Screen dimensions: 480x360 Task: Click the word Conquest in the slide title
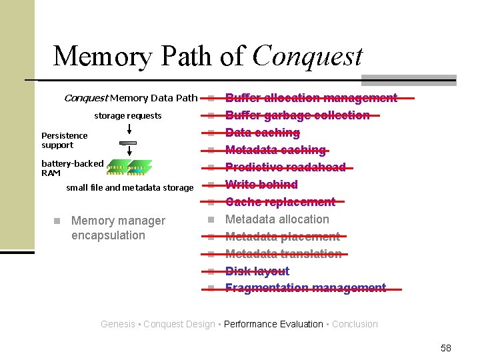(x=307, y=56)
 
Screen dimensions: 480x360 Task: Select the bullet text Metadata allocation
(x=277, y=219)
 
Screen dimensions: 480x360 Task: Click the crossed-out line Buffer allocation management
(x=311, y=98)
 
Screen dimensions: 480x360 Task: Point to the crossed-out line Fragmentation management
(x=305, y=288)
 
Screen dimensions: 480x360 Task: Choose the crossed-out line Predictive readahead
(x=285, y=167)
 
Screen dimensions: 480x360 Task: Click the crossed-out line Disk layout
(x=257, y=271)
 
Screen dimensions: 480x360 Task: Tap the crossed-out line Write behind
(x=261, y=185)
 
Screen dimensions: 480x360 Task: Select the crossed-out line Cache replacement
(x=280, y=202)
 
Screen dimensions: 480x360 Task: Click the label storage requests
(x=128, y=116)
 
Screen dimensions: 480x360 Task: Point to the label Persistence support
(x=64, y=140)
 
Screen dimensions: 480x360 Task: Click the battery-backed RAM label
(x=72, y=168)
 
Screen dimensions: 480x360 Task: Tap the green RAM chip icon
(x=129, y=167)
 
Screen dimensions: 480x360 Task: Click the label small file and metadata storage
(x=130, y=188)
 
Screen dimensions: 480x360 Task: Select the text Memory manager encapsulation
(x=118, y=227)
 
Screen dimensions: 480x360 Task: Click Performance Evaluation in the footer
(x=273, y=325)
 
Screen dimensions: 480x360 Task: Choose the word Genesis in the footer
(x=117, y=325)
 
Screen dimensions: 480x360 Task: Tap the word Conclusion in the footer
(x=355, y=325)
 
